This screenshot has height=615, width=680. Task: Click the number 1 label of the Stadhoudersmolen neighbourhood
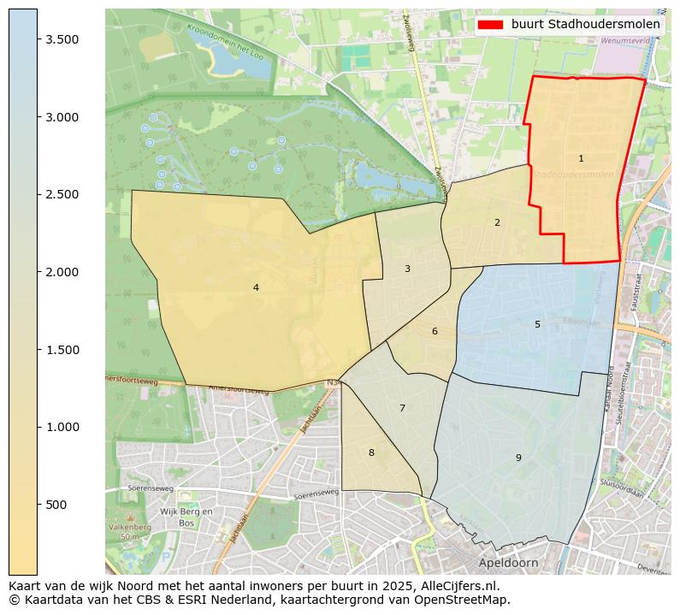click(581, 158)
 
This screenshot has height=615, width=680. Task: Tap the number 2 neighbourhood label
click(497, 222)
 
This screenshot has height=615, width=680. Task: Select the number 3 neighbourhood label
click(407, 269)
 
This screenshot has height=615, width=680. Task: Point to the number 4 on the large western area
click(256, 287)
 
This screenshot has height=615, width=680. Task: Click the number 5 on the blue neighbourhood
click(537, 324)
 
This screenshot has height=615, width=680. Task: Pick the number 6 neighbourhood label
click(435, 331)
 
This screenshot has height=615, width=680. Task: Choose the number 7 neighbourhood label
click(402, 408)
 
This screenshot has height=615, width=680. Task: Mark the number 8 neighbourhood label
click(371, 452)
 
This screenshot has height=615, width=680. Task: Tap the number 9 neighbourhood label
click(518, 458)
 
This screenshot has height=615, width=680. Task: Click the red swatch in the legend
click(491, 25)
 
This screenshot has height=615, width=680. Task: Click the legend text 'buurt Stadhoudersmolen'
click(586, 25)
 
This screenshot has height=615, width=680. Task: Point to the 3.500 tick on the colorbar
click(62, 39)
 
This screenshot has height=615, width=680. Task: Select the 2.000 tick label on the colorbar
click(62, 272)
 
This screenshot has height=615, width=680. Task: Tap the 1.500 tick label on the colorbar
click(62, 350)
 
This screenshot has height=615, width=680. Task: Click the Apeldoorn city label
click(508, 564)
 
